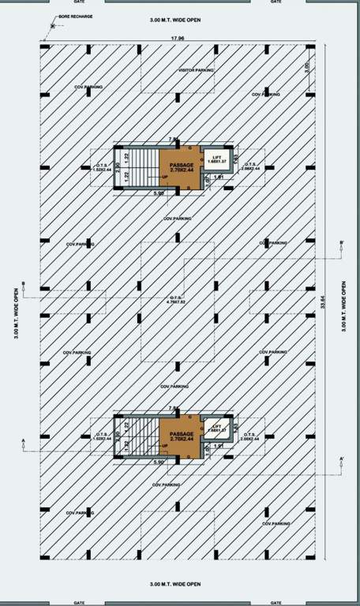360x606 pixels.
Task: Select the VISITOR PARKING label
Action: [195, 70]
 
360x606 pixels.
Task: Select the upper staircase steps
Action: [142, 167]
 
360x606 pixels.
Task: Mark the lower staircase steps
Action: [142, 436]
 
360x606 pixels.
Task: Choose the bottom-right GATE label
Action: [276, 602]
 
